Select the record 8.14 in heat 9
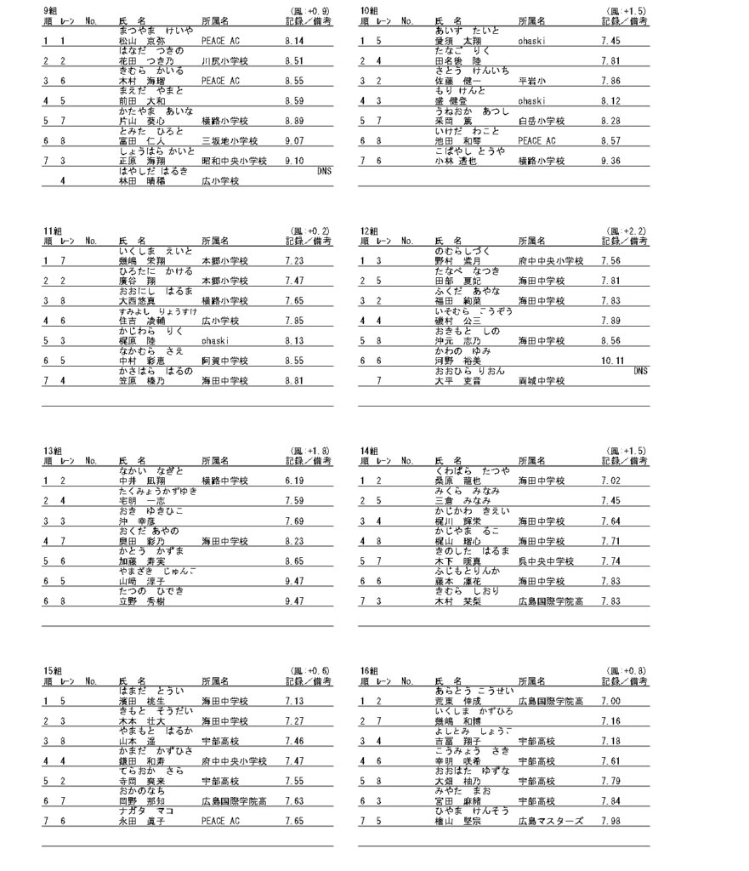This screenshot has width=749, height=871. point(295,40)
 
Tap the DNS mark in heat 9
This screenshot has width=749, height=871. point(324,170)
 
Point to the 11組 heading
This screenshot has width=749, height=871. point(52,231)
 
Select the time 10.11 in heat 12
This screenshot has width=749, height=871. point(613,360)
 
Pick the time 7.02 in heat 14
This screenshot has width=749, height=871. point(610,481)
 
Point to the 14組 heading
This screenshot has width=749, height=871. point(368,450)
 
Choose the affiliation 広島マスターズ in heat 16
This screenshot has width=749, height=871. point(550,821)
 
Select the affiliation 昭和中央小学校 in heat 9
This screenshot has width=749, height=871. point(233,160)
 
